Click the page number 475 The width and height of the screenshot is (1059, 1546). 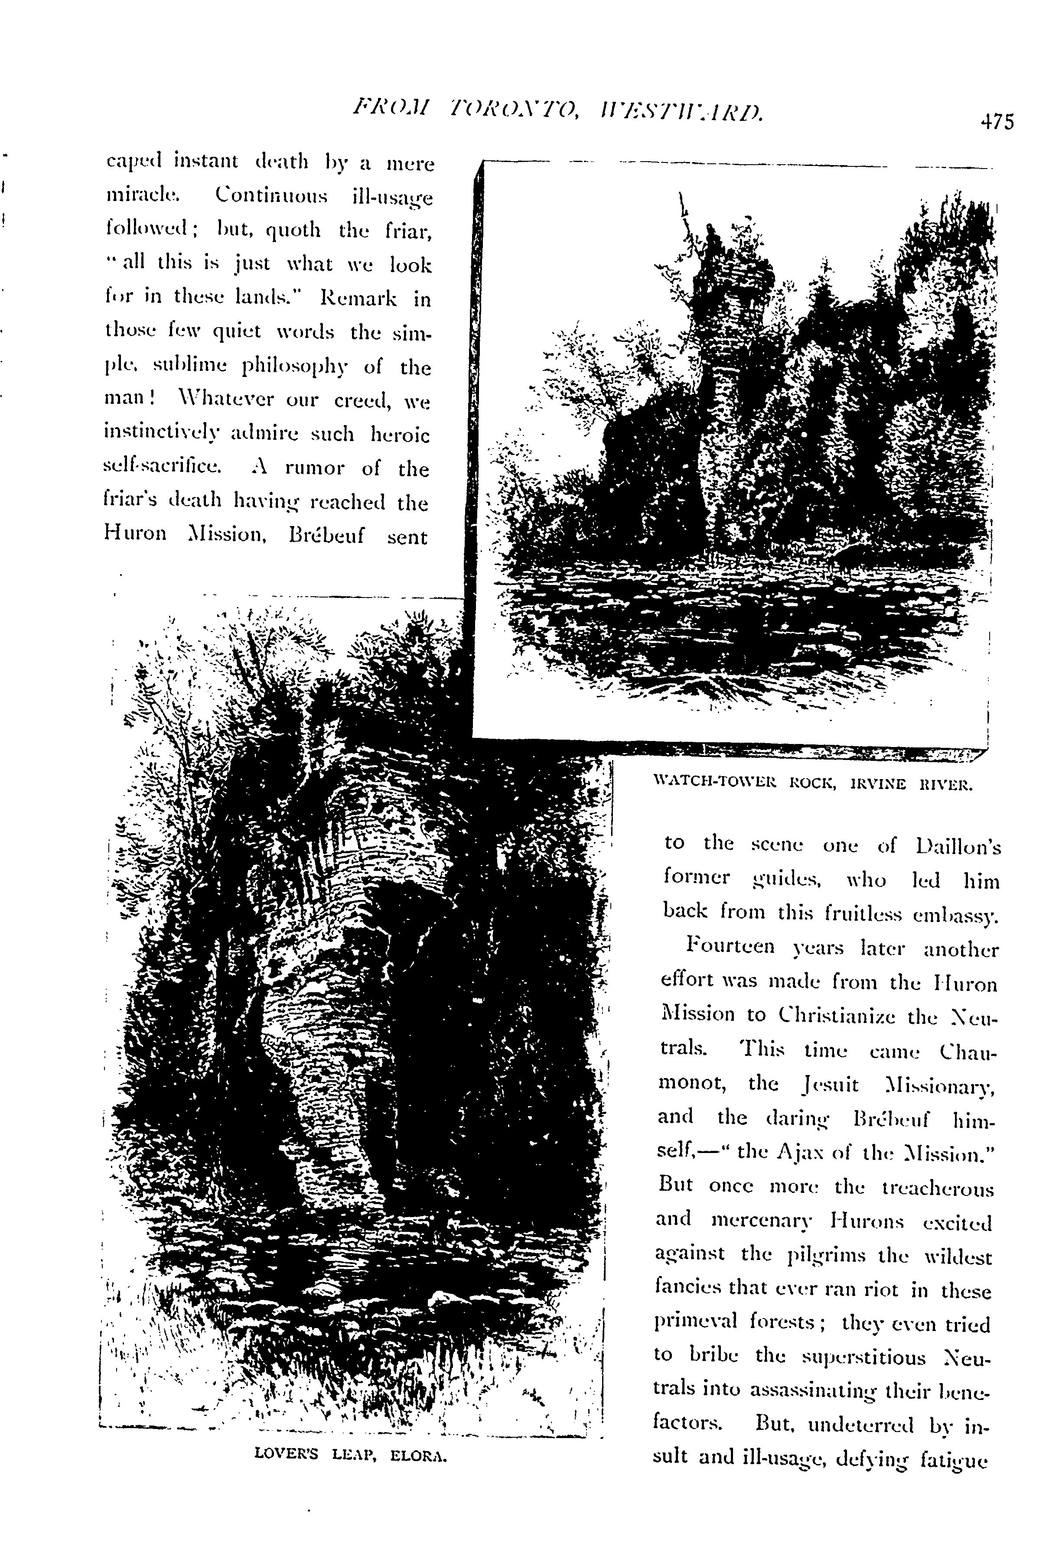click(x=996, y=122)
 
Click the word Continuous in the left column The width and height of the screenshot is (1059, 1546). click(x=271, y=197)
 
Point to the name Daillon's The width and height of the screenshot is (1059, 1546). click(x=958, y=846)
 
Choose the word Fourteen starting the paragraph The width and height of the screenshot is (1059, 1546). click(x=730, y=946)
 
